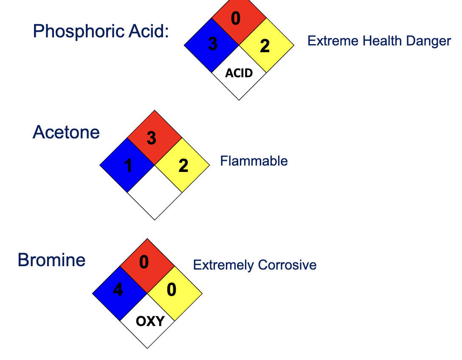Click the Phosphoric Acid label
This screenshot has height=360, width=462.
pyautogui.click(x=101, y=31)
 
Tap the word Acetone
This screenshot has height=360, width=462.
pyautogui.click(x=66, y=132)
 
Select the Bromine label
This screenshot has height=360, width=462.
pyautogui.click(x=51, y=260)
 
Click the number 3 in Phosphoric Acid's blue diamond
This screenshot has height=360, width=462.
pyautogui.click(x=213, y=44)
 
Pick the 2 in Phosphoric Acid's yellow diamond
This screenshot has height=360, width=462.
pyautogui.click(x=265, y=45)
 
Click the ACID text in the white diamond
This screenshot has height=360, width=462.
pyautogui.click(x=239, y=73)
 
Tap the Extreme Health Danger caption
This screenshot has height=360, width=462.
pyautogui.click(x=379, y=41)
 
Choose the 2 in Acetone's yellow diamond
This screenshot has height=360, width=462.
pyautogui.click(x=183, y=166)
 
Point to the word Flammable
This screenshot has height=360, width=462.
pyautogui.click(x=254, y=161)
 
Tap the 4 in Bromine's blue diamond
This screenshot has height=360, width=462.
pyautogui.click(x=118, y=290)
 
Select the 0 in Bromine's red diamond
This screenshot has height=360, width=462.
pyautogui.click(x=144, y=263)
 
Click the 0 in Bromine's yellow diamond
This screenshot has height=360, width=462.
pyautogui.click(x=172, y=290)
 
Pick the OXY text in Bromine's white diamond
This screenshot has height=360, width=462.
pyautogui.click(x=150, y=321)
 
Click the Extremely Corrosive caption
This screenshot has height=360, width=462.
pyautogui.click(x=255, y=265)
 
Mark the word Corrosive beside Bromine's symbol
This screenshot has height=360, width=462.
pyautogui.click(x=287, y=265)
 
